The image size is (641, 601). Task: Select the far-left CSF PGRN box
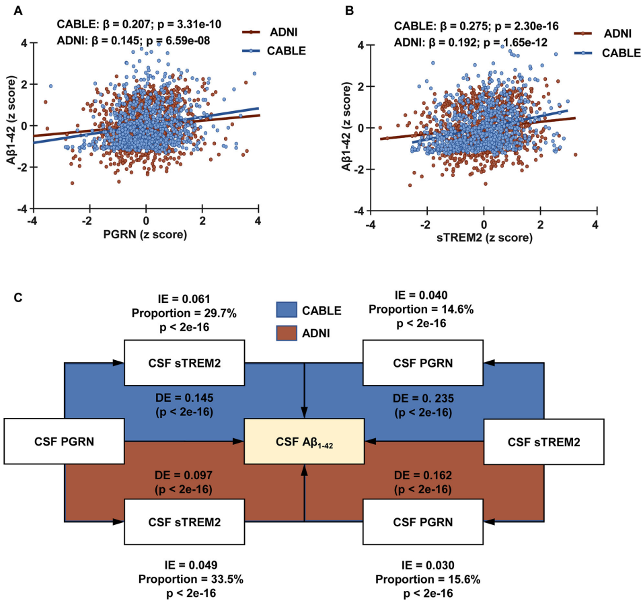(x=65, y=441)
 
